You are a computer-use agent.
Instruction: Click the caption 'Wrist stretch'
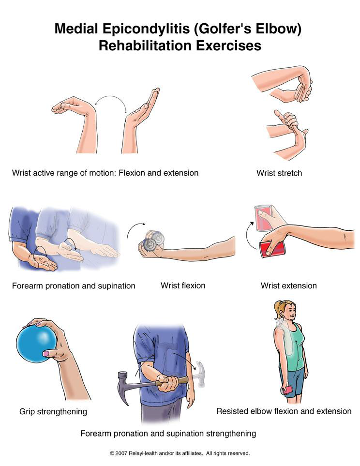pos(279,173)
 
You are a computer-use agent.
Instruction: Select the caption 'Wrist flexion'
pos(183,286)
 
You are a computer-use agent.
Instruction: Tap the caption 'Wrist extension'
pos(289,286)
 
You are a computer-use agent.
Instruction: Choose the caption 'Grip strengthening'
pos(53,412)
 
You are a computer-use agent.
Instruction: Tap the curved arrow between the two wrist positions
pos(111,96)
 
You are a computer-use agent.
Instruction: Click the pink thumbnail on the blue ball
pos(46,354)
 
